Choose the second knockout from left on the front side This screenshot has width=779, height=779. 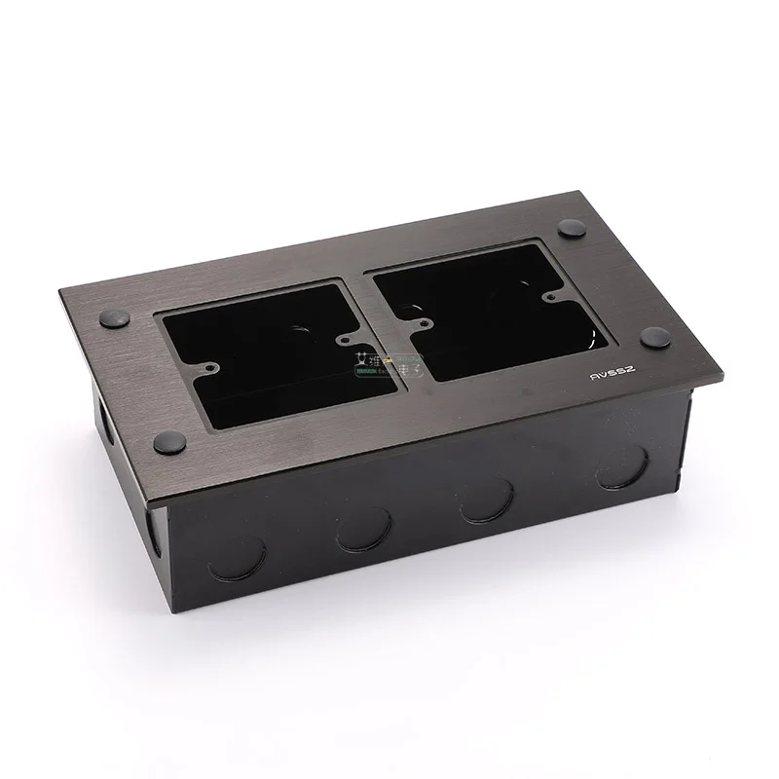click(363, 529)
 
